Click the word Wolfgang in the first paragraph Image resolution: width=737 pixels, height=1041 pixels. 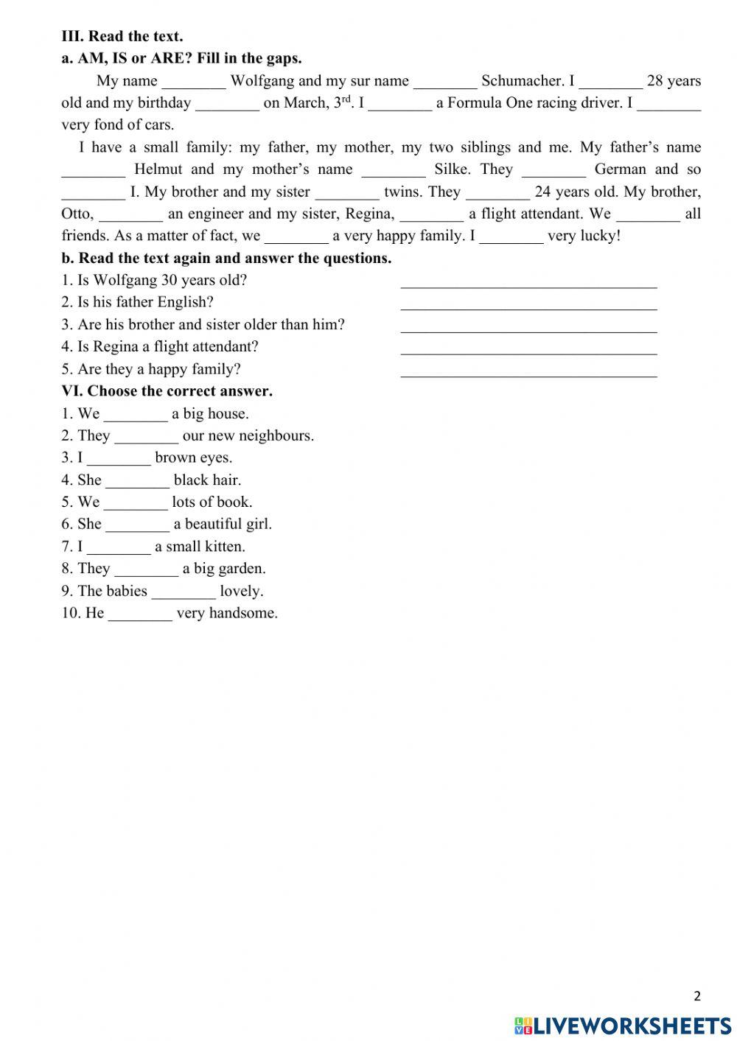[262, 81]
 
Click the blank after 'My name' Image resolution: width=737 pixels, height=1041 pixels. [194, 83]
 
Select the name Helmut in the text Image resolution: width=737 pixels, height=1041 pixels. [158, 169]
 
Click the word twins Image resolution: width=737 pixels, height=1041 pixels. [401, 192]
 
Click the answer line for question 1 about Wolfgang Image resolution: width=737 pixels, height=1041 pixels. [528, 283]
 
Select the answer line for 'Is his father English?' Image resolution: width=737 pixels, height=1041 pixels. [528, 305]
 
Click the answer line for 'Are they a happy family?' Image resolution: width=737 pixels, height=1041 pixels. [528, 372]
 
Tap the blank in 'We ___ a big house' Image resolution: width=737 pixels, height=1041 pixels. [136, 416]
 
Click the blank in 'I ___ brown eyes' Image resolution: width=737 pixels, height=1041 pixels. [119, 460]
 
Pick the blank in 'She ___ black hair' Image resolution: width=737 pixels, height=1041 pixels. [137, 482]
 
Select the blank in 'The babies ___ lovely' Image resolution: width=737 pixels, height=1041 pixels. [184, 593]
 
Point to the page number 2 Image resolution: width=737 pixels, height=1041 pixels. [697, 997]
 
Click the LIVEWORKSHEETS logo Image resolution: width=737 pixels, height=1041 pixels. [623, 1025]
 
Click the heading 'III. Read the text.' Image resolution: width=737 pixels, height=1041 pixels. [122, 36]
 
